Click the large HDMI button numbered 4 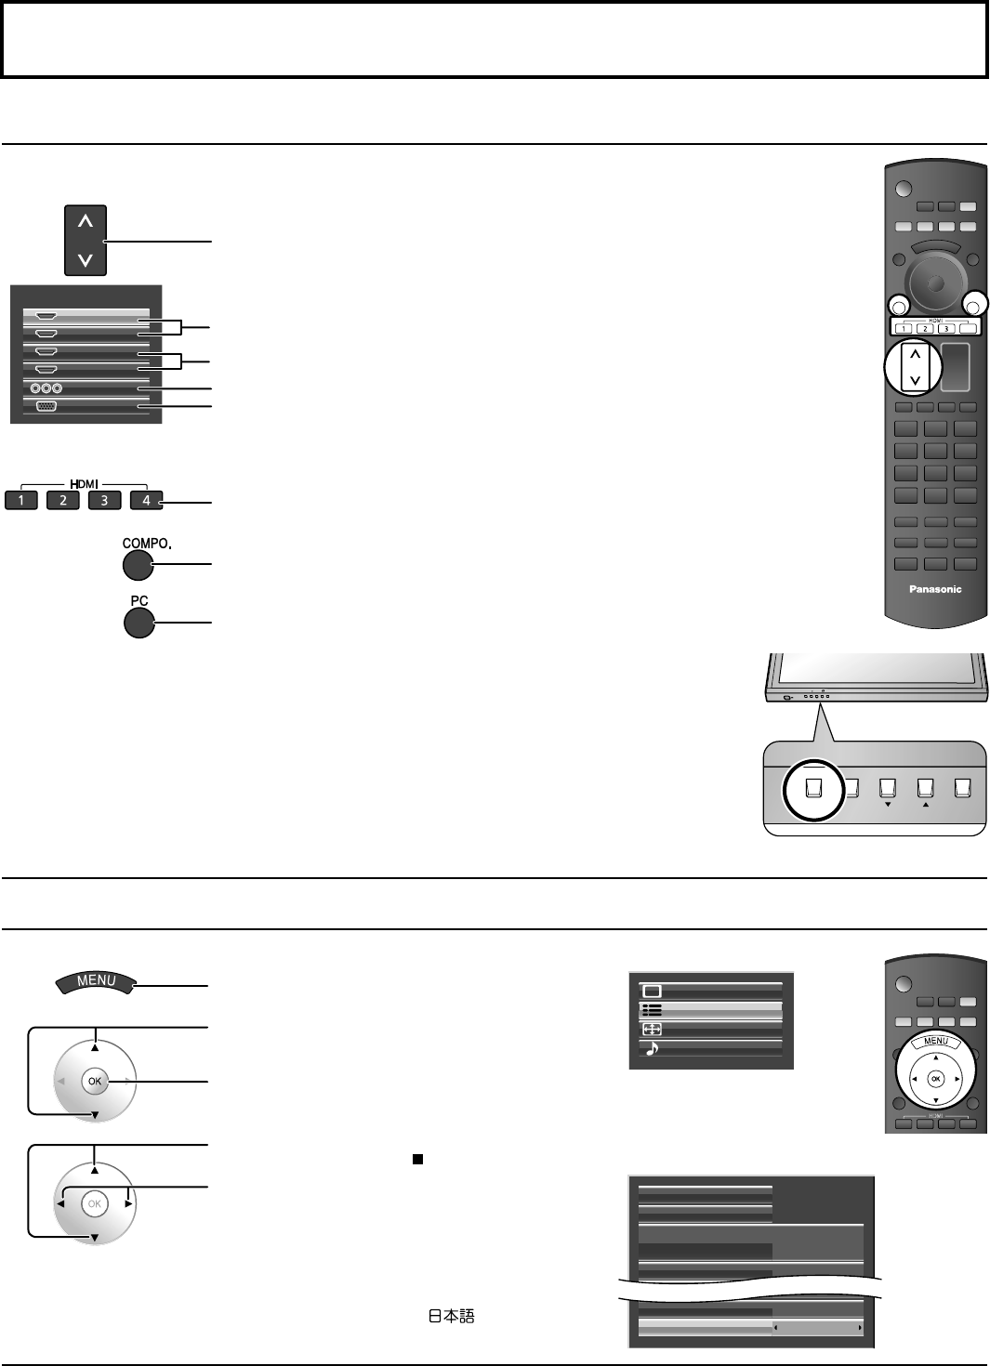point(146,500)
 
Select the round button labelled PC point(139,623)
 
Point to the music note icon point(652,1048)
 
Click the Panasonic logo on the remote point(935,589)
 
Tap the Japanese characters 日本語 point(451,1316)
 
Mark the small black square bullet point(418,1159)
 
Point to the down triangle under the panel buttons point(888,806)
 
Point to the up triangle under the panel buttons point(925,806)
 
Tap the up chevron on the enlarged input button point(86,221)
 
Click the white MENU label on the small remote point(935,1041)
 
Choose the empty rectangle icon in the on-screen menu point(653,991)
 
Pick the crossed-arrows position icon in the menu point(652,1030)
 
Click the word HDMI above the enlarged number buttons point(84,483)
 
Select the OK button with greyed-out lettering point(94,1203)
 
